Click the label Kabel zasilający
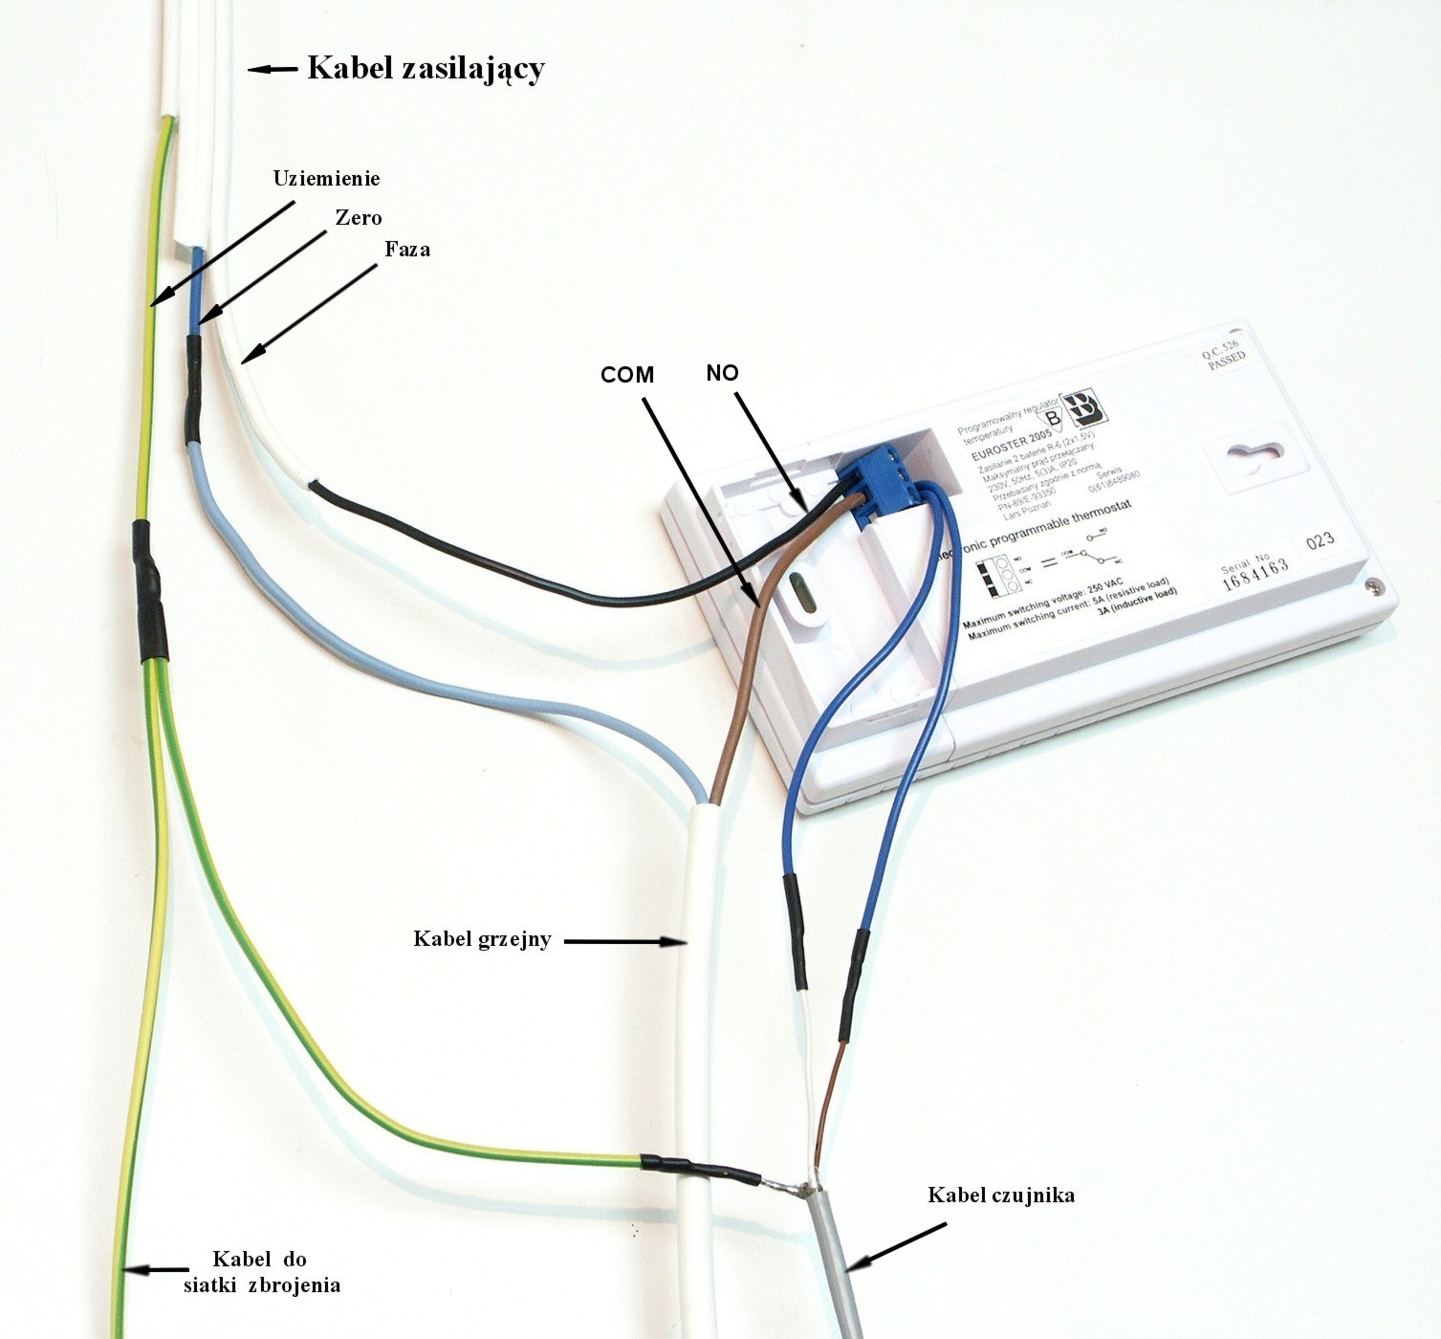(x=426, y=69)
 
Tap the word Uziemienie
(x=326, y=179)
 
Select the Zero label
(x=359, y=218)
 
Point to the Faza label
(x=407, y=250)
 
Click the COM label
(x=627, y=375)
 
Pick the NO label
(x=722, y=373)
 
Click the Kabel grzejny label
(x=482, y=939)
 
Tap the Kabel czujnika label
(x=1001, y=1196)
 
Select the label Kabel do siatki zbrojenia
(x=261, y=1272)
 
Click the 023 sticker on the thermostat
(x=1321, y=541)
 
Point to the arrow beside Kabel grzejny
(x=625, y=941)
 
